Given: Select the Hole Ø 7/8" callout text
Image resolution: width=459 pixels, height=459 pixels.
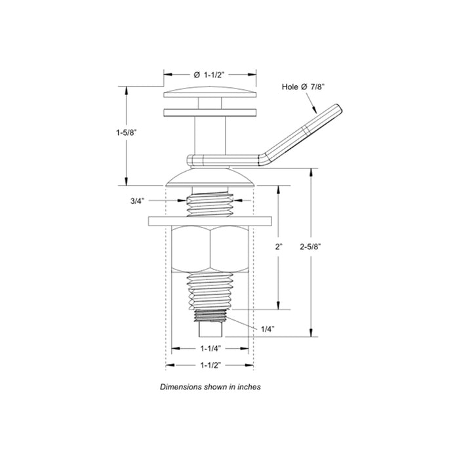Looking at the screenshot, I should point(304,86).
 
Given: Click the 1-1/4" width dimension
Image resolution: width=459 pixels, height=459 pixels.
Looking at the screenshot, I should point(210,349).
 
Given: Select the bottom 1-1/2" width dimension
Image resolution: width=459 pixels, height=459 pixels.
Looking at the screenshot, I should point(210,365).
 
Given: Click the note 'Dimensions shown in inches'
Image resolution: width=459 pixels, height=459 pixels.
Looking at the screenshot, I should point(210,387).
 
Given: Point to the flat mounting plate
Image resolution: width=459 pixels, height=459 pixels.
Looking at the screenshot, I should point(210,220).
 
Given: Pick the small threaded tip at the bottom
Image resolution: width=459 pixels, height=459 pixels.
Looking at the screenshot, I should point(210,323).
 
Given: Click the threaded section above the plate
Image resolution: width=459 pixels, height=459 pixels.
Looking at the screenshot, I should point(210,203).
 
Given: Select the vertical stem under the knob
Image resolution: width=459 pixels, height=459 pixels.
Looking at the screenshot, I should point(210,134).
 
